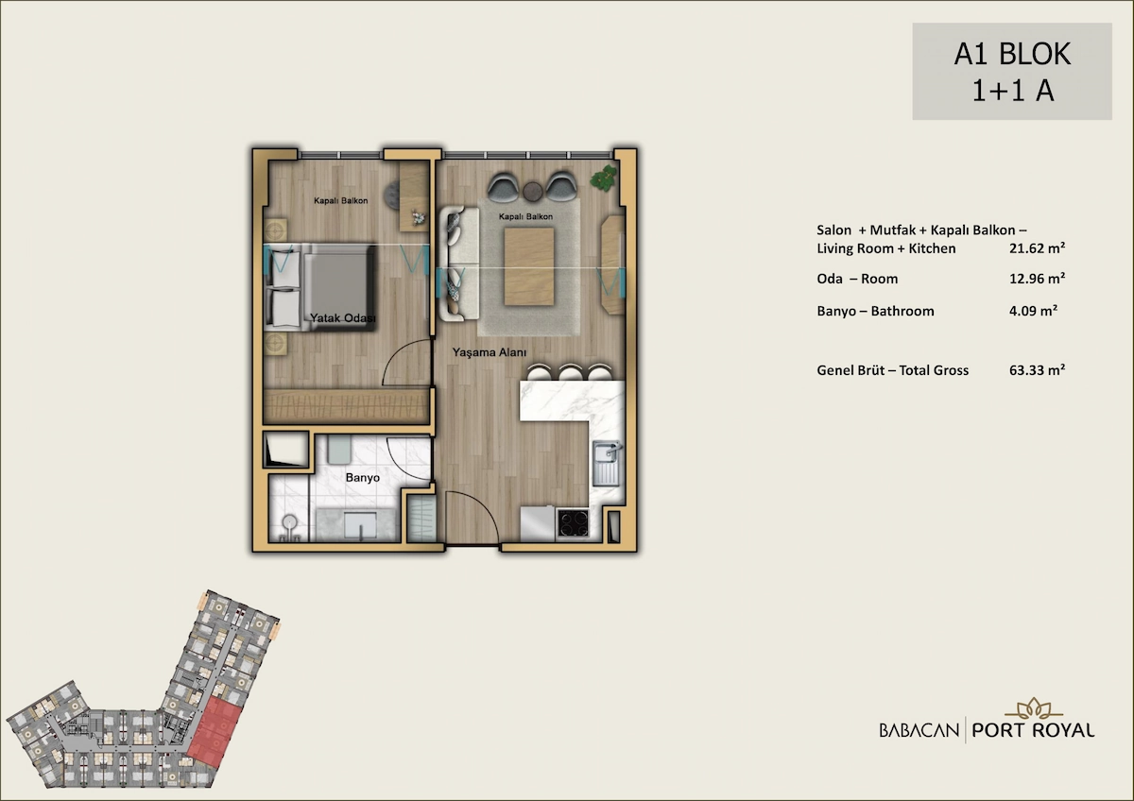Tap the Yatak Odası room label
point(343,318)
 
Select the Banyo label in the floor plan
point(363,478)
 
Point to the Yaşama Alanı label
point(490,352)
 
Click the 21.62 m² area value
point(1038,247)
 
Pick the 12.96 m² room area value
point(1038,279)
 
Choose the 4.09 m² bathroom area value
point(1033,310)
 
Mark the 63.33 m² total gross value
point(1038,370)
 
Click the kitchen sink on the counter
point(607,463)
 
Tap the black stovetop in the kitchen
point(573,523)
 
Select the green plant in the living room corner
point(604,178)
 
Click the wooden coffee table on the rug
point(529,266)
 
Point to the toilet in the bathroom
point(288,526)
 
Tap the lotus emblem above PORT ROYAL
point(1034,709)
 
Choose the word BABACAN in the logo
point(919,730)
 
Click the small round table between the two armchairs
point(533,191)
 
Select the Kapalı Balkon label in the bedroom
point(341,201)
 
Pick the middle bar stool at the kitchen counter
point(570,372)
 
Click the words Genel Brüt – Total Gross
point(892,370)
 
